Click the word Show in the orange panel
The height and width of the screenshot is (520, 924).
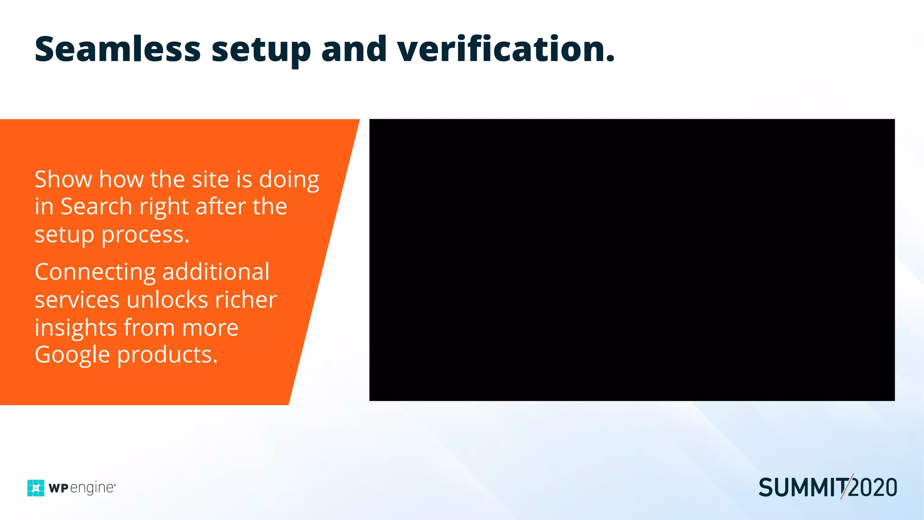coord(63,179)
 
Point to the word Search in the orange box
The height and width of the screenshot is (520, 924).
coord(96,207)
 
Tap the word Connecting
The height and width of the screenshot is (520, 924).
coord(95,273)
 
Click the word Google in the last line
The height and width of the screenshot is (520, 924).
coord(72,355)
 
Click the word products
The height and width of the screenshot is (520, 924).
coord(167,355)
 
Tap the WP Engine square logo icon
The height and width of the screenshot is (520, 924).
coord(36,488)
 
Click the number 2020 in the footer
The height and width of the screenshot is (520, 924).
coord(873,488)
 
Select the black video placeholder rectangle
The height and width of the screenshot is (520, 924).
coord(632,260)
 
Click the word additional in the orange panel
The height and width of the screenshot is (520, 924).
coord(216,272)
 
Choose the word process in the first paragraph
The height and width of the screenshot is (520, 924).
coord(145,235)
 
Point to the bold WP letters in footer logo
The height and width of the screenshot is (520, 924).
coord(58,488)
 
